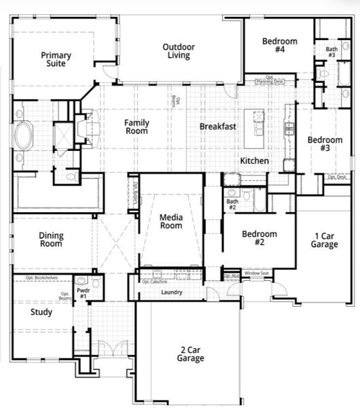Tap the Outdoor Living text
coord(179,51)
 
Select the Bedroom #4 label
coord(279,46)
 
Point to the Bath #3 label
coord(331,52)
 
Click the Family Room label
coord(137,127)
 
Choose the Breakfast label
coord(217,126)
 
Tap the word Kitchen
coord(255,161)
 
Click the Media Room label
coord(171,222)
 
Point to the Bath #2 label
coord(232,204)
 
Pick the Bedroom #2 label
coord(259,238)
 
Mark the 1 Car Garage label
coord(325,240)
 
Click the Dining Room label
coord(51,240)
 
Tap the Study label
coord(41,313)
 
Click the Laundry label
coord(171,293)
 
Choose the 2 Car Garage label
coord(192,354)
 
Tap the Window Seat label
coord(257,273)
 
